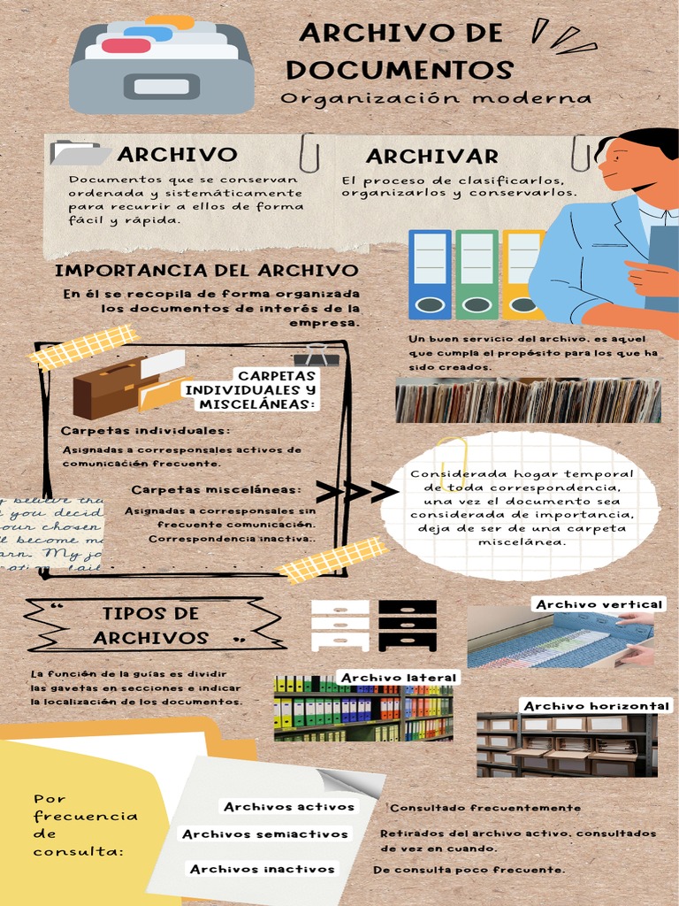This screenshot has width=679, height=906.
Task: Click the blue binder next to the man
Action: pos(430,274)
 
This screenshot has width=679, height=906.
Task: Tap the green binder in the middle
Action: pos(477,274)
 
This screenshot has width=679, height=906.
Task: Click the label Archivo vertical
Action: pos(599,604)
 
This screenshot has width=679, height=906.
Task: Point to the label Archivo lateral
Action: pos(398,678)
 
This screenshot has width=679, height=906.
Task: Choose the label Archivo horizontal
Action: pos(595,705)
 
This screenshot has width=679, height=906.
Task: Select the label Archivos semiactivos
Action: pos(265,833)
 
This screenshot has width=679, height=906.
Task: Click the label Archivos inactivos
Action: pos(263,869)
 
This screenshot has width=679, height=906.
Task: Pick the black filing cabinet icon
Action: pos(407,625)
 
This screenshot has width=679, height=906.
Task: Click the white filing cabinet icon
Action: pos(340,625)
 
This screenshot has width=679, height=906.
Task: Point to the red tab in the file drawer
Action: pos(126,45)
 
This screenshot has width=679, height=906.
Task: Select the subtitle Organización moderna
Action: pos(436,97)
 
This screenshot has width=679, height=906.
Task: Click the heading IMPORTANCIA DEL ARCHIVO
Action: pos(207,270)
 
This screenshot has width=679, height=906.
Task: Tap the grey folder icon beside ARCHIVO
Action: pos(79,153)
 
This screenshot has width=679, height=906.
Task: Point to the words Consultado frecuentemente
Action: pos(485,807)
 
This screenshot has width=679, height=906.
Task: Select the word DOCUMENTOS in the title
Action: pos(400,69)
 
